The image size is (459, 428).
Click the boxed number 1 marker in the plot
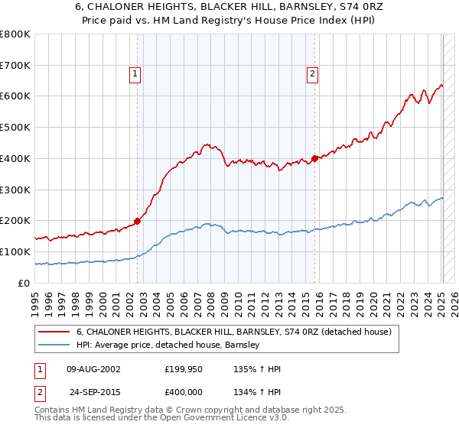tap(135, 74)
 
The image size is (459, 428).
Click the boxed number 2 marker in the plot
tap(313, 74)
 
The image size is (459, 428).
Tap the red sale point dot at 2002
tap(137, 221)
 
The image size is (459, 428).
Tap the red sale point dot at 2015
tap(314, 159)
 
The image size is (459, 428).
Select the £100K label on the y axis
tap(15, 251)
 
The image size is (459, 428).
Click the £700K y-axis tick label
tap(15, 66)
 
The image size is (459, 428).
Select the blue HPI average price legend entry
tap(168, 345)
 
